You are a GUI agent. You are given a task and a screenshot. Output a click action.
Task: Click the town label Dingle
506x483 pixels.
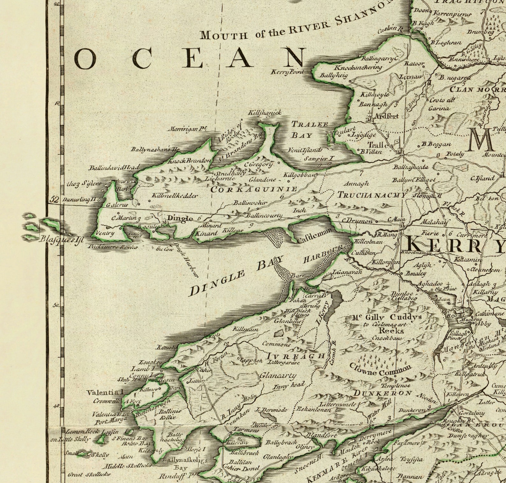180,218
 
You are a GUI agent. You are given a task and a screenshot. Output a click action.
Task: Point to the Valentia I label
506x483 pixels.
105,393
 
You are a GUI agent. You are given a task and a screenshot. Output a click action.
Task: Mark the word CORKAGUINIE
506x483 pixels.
254,189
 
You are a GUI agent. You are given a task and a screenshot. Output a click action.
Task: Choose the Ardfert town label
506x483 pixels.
386,116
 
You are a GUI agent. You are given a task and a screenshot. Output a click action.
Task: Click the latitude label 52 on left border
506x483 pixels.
54,200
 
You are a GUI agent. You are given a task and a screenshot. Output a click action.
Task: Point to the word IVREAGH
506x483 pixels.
295,356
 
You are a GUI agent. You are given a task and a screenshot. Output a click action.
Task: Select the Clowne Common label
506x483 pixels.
380,370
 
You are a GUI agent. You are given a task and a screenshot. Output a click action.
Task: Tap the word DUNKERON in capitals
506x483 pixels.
383,393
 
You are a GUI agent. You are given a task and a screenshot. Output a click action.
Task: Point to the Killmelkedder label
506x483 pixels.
175,196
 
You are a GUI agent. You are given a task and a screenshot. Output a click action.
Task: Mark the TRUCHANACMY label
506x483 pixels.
372,195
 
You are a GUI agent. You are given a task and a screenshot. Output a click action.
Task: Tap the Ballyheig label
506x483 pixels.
333,75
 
